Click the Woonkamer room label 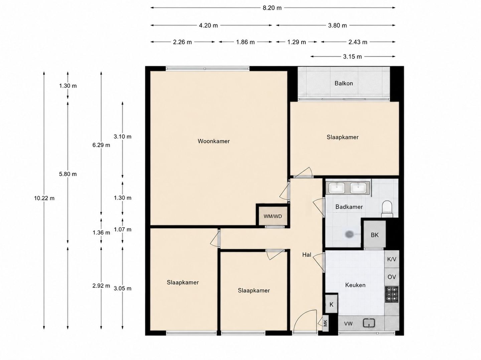214,141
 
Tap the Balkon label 344,83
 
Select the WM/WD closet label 273,216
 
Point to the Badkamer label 349,207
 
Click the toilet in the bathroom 387,209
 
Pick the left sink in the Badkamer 337,188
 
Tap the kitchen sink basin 369,323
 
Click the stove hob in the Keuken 391,294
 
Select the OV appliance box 391,277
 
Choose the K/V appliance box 391,259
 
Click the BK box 375,235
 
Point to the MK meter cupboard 325,323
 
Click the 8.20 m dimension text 272,8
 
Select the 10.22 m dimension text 44,198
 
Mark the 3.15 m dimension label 352,57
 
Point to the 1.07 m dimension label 123,230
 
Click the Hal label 307,255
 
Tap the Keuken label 355,285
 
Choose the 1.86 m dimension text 246,42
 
